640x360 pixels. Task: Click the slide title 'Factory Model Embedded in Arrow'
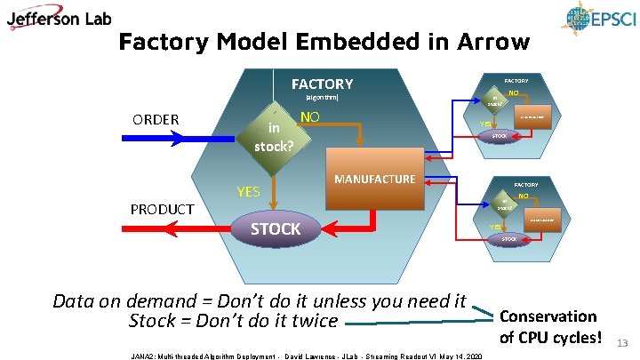point(324,42)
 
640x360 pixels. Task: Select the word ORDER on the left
point(156,119)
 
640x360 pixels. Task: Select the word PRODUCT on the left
point(162,209)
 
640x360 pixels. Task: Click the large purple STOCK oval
point(276,229)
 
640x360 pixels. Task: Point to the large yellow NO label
point(310,116)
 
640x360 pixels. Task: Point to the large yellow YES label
point(248,191)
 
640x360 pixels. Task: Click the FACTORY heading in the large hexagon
point(322,84)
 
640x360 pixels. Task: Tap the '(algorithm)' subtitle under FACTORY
point(322,97)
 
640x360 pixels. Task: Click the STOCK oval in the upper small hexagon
point(499,136)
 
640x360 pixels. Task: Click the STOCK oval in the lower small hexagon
point(509,239)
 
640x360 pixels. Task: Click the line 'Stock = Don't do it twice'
point(234,321)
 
